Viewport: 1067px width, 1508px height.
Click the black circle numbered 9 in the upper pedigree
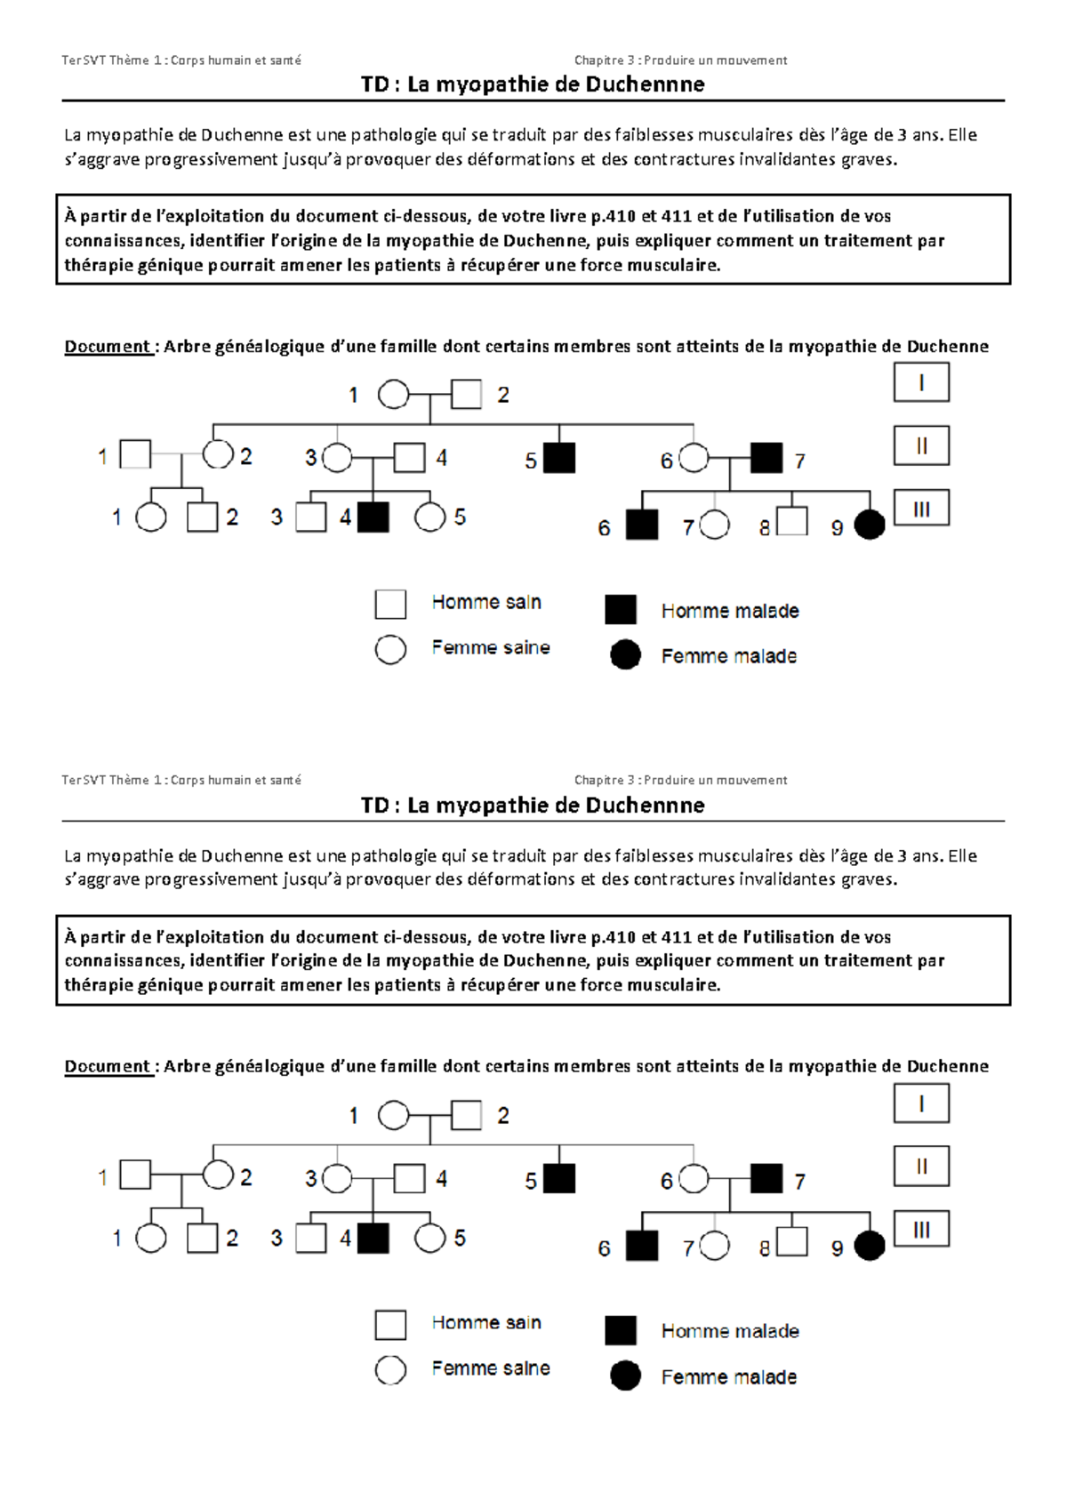(x=870, y=525)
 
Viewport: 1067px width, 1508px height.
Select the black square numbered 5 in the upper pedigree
(x=559, y=458)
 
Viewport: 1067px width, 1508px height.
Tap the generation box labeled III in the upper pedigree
(x=921, y=509)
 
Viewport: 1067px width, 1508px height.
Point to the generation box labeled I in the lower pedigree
(x=921, y=1103)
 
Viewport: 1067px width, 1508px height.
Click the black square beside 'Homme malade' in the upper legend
(x=621, y=610)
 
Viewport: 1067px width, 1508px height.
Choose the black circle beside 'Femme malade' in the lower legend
(x=625, y=1376)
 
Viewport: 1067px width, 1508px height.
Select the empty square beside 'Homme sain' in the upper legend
(x=390, y=604)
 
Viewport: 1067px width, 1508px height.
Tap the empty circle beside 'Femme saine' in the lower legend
(x=390, y=1370)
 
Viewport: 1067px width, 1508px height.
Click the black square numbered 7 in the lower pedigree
(x=766, y=1178)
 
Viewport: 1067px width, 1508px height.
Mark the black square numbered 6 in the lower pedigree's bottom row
(x=642, y=1246)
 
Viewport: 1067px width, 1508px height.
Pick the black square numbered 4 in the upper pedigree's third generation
(x=373, y=517)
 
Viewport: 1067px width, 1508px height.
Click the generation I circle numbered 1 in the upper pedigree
(x=394, y=394)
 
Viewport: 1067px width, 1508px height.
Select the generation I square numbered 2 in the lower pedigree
(x=466, y=1115)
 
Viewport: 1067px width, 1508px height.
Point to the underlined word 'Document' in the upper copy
(x=108, y=347)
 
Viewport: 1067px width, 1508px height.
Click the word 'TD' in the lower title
(x=374, y=806)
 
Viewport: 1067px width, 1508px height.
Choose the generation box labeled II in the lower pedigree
(x=921, y=1167)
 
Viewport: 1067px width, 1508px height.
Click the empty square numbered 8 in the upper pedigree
(x=791, y=521)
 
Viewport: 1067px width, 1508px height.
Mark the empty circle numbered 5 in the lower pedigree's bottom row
(x=429, y=1238)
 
